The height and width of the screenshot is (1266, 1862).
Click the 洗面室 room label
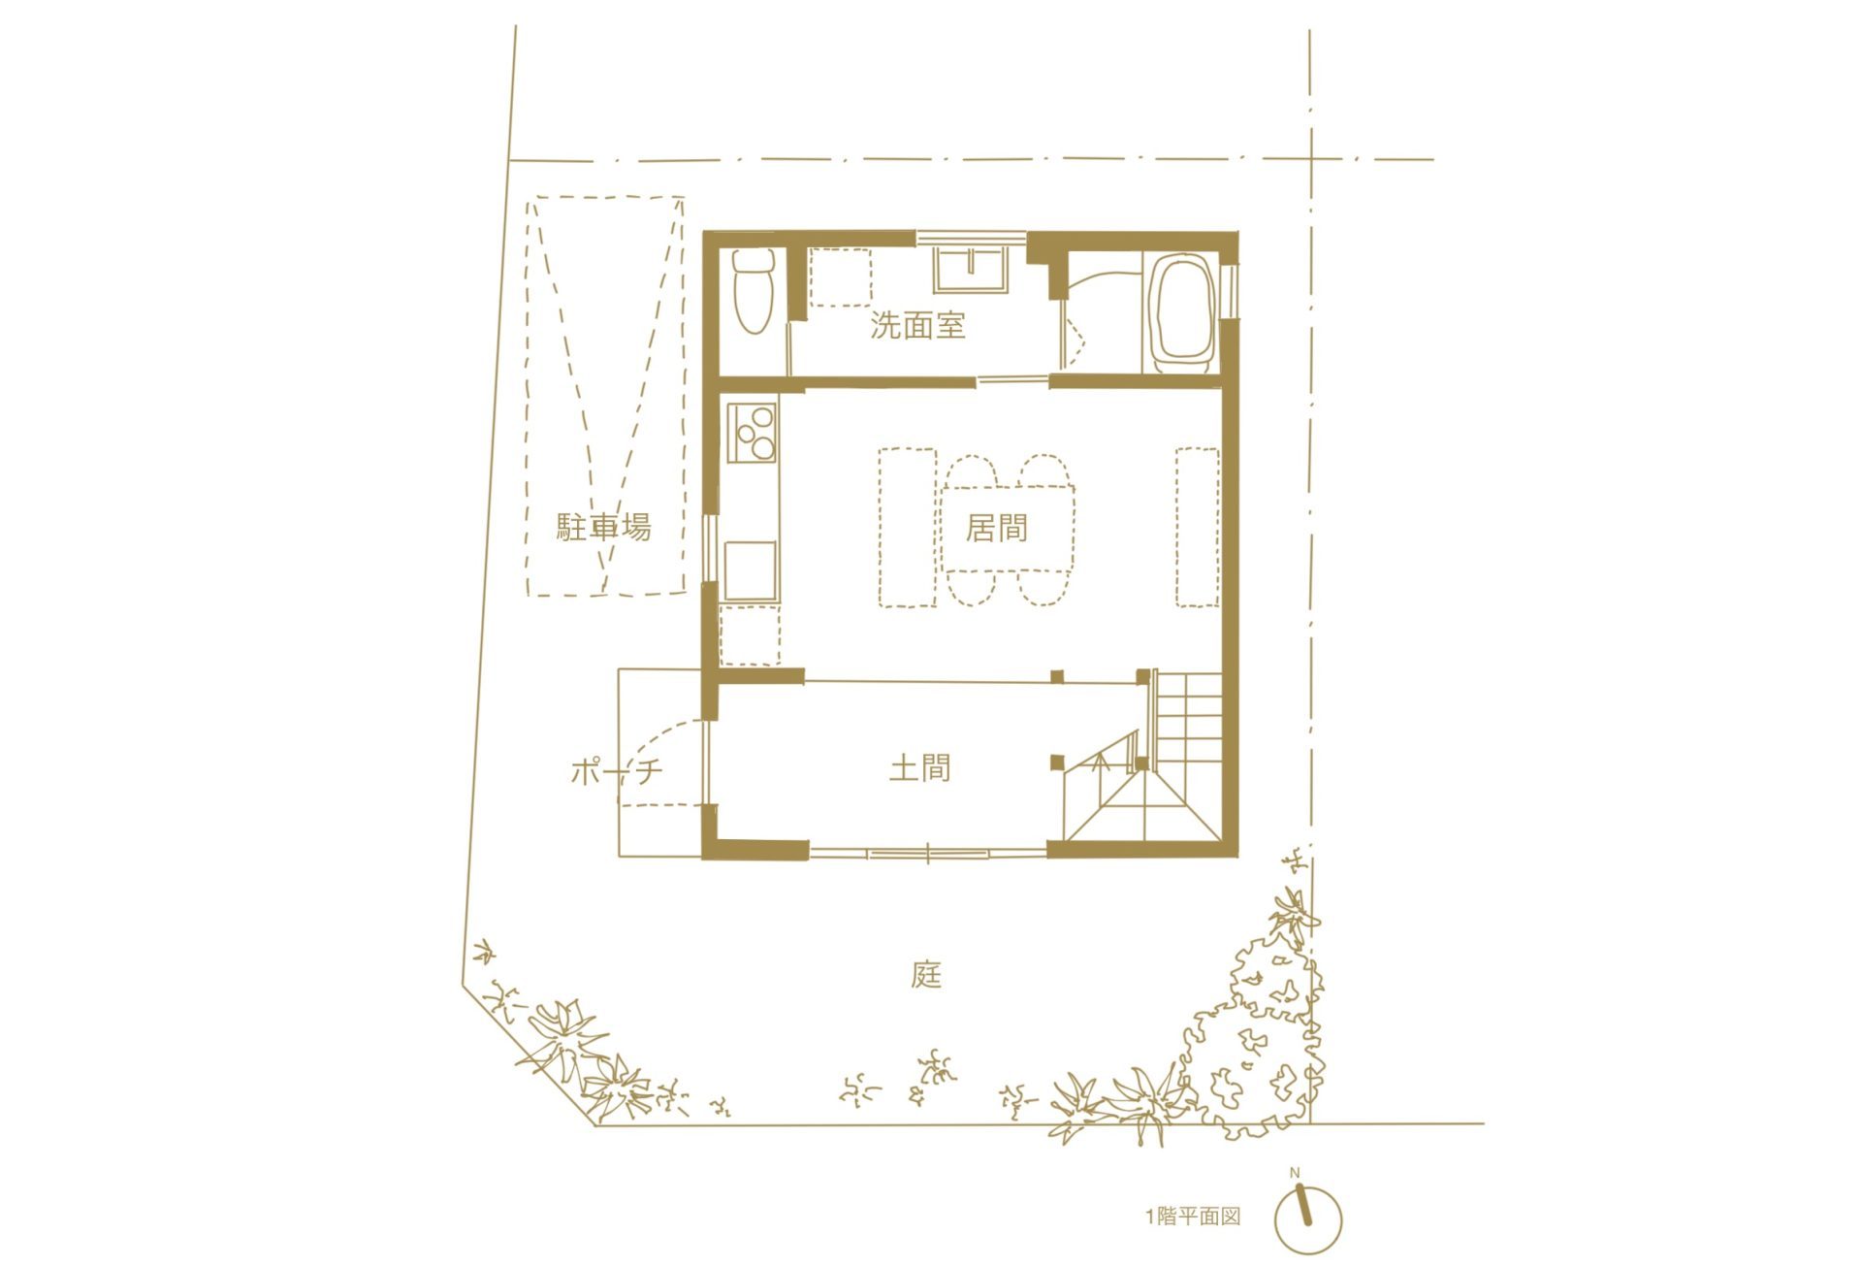[917, 325]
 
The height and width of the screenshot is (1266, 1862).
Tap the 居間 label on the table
[996, 528]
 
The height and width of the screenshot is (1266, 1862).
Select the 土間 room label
[919, 768]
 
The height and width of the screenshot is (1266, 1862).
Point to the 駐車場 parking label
[603, 527]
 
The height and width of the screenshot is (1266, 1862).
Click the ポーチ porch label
[617, 771]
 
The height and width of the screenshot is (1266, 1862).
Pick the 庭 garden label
[927, 974]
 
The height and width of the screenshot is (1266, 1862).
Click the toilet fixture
[753, 291]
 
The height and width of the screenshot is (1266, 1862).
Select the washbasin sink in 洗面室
[971, 269]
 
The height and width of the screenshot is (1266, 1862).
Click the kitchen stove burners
[754, 433]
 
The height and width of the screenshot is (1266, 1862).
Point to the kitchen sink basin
[751, 569]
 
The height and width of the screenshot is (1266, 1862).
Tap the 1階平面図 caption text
[1193, 1217]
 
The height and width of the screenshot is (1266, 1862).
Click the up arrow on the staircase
[1100, 763]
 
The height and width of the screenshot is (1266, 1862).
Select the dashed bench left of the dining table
[908, 527]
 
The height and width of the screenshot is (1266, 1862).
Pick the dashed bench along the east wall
[1198, 527]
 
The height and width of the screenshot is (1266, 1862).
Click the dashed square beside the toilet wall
[840, 277]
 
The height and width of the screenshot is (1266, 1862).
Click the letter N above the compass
[1295, 1173]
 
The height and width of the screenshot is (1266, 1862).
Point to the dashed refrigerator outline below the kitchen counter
[751, 635]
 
